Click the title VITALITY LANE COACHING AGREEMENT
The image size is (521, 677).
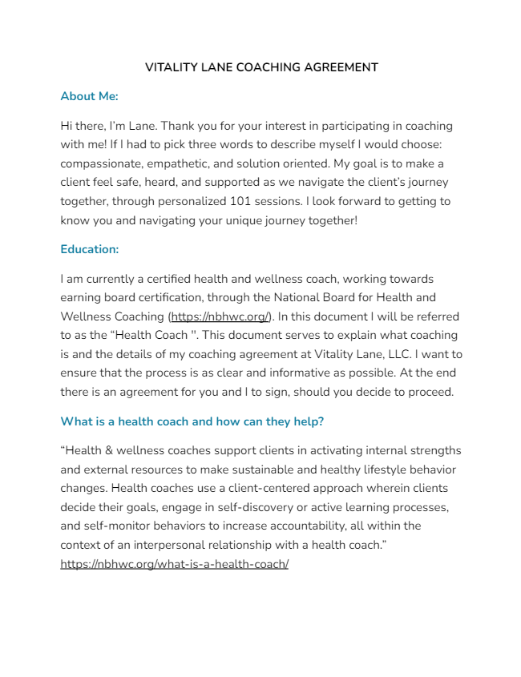click(x=261, y=67)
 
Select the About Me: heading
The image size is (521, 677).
click(x=89, y=96)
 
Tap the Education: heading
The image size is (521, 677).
click(x=89, y=249)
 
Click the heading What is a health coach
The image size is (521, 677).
click(x=192, y=421)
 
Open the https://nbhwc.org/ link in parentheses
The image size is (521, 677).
click(x=220, y=316)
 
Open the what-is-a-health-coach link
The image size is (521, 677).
click(x=174, y=564)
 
